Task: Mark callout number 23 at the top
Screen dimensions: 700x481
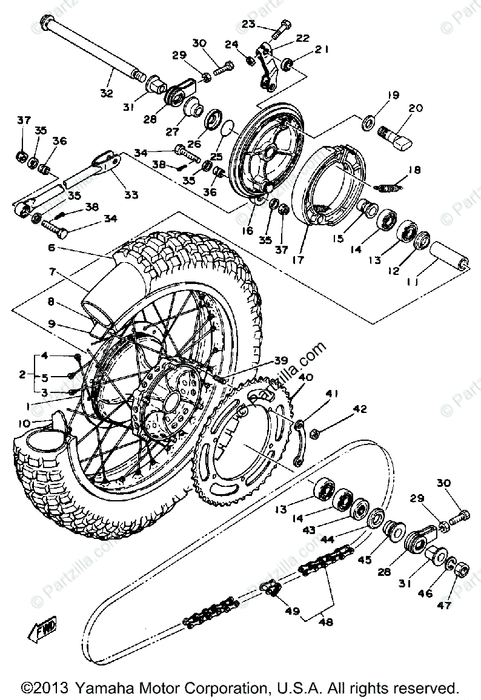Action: pyautogui.click(x=248, y=24)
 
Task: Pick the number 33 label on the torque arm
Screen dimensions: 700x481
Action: pyautogui.click(x=131, y=194)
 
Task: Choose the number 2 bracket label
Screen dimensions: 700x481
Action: pyautogui.click(x=22, y=375)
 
